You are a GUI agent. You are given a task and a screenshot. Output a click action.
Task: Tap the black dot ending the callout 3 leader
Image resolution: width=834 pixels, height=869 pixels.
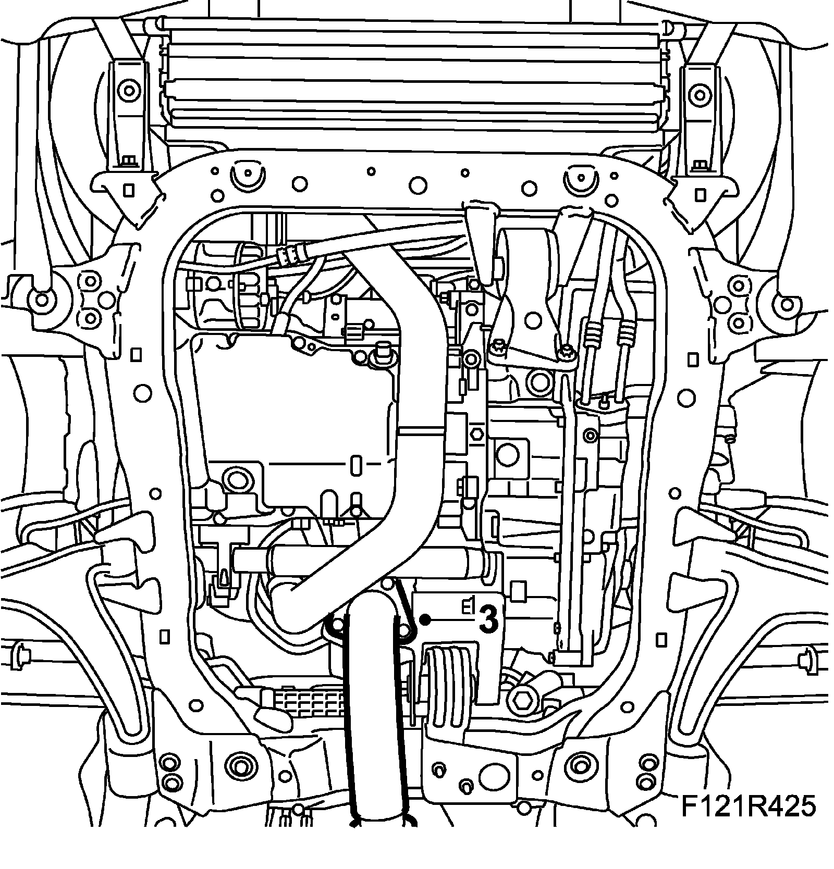click(425, 619)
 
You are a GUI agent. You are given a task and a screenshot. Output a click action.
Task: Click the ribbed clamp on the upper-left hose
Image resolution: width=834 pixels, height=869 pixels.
click(291, 253)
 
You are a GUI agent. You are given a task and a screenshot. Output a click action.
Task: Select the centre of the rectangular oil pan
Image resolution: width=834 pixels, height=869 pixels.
click(292, 401)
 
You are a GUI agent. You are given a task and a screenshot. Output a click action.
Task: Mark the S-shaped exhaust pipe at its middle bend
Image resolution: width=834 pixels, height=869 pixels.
click(417, 365)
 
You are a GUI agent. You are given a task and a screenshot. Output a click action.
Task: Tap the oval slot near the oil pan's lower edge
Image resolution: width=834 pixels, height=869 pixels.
click(356, 464)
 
